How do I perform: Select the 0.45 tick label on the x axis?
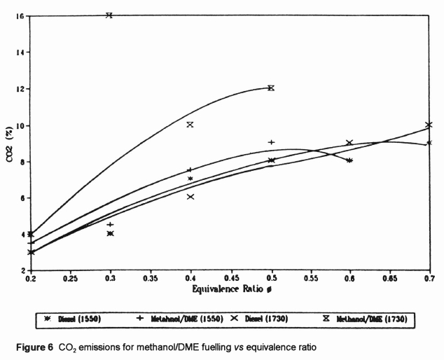pos(310,278)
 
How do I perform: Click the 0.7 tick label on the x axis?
pos(429,278)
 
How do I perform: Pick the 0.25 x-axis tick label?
pos(70,278)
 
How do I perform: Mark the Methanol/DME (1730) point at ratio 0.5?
pos(271,88)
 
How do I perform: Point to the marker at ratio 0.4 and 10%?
pos(190,125)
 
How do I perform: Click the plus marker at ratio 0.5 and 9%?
pos(271,142)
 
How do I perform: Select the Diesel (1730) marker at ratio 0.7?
pos(429,125)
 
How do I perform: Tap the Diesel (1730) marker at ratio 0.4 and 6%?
pos(190,197)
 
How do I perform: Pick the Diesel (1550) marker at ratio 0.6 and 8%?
pos(349,160)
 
